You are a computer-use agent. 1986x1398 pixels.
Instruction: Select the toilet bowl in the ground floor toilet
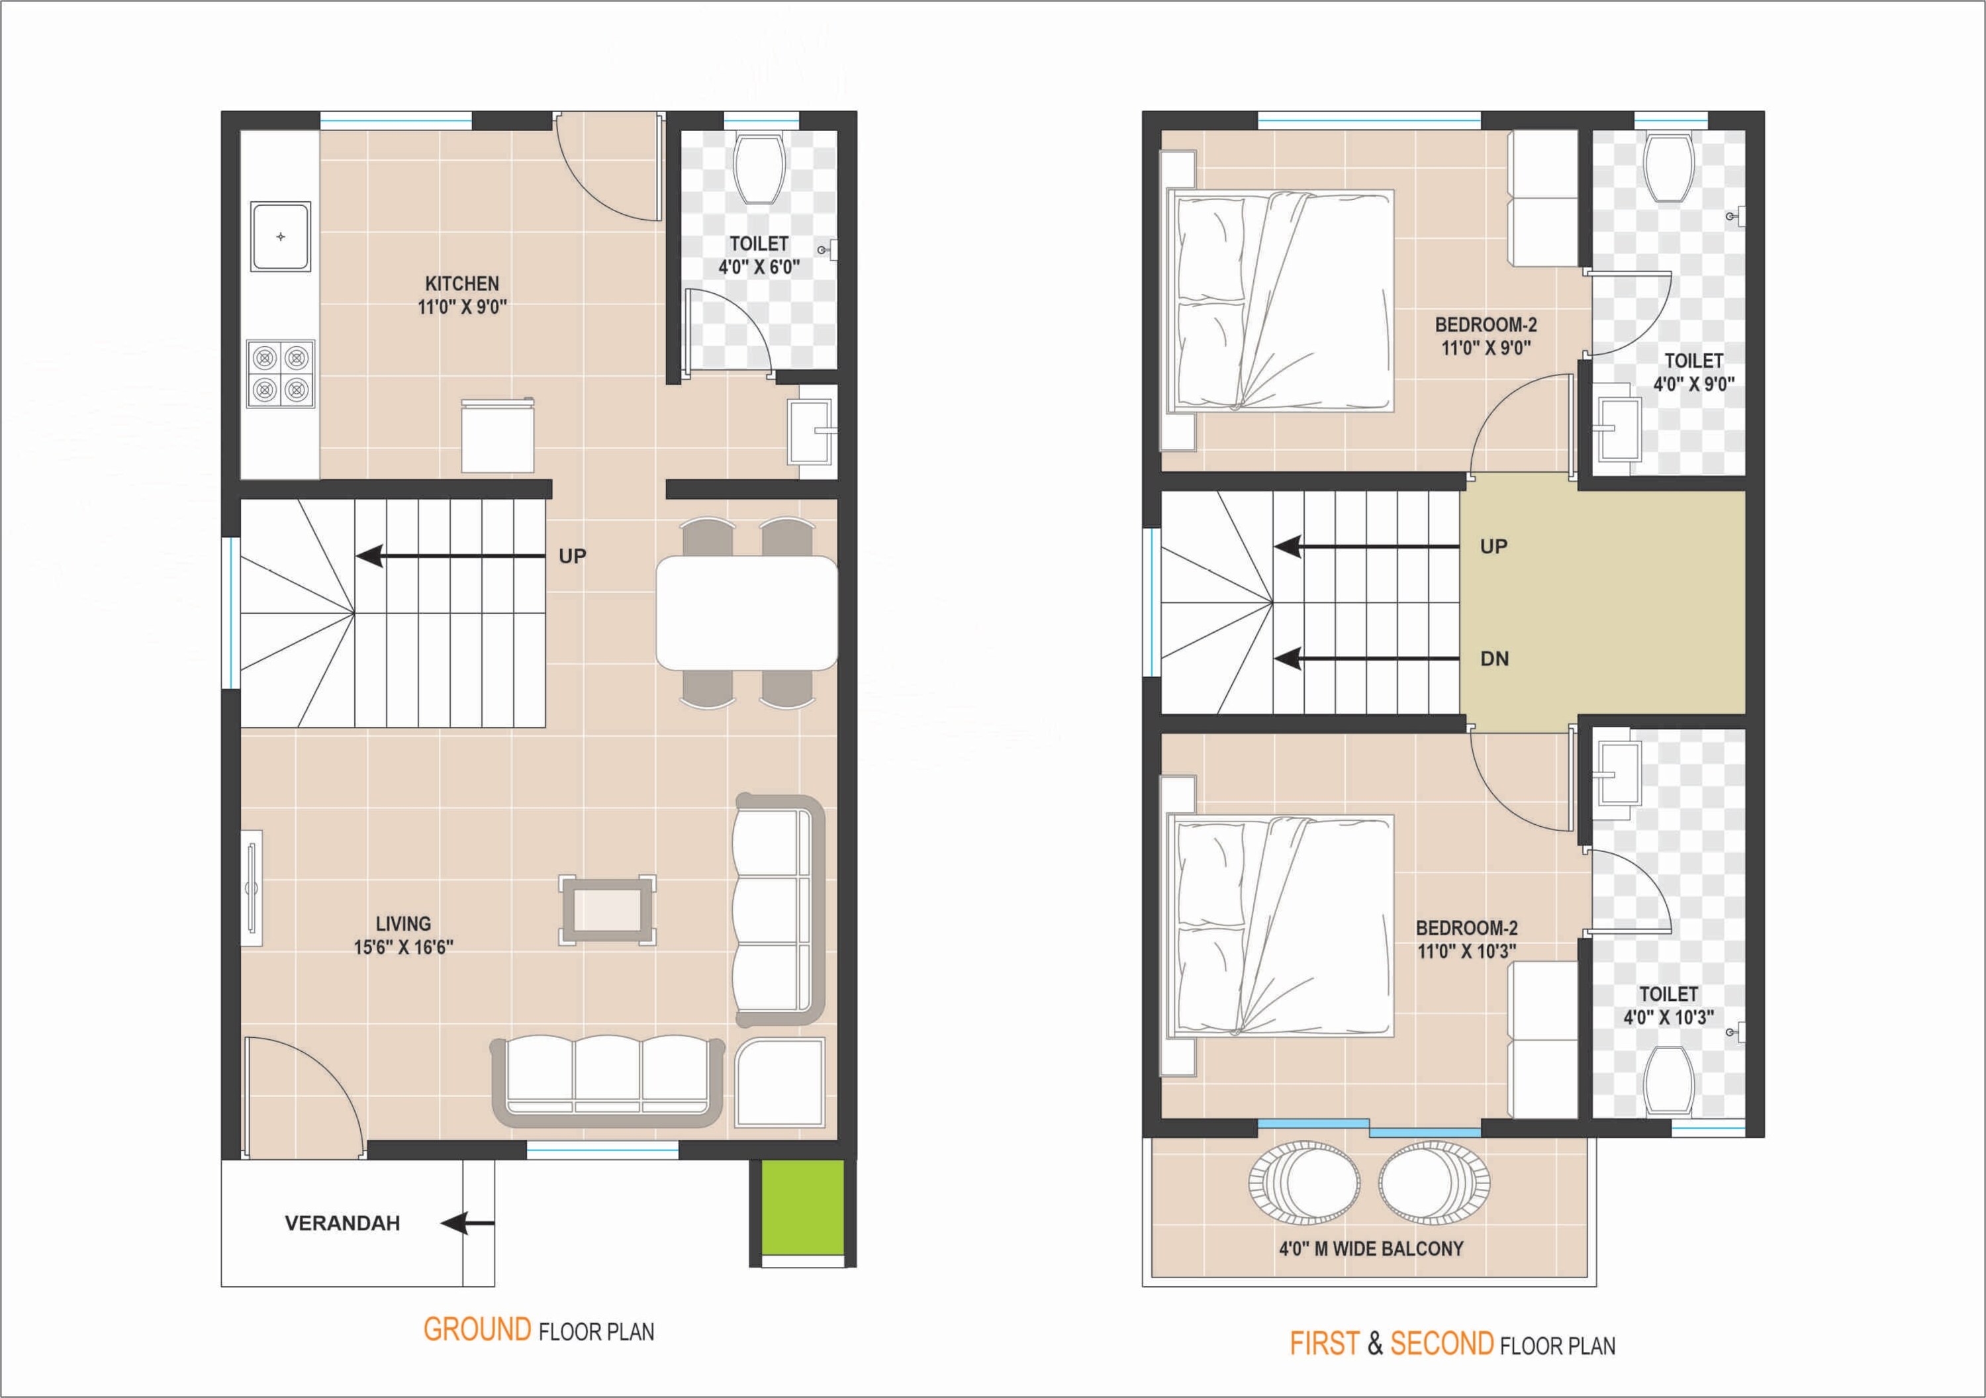759,167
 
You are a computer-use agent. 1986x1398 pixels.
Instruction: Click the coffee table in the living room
607,910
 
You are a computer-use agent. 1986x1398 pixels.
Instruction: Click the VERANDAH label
342,1223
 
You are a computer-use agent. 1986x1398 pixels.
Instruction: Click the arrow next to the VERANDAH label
467,1223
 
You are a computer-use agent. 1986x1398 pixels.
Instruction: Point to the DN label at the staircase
1495,659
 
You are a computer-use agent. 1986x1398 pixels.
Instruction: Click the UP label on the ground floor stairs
573,556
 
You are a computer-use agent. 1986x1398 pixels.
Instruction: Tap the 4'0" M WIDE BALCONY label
1372,1248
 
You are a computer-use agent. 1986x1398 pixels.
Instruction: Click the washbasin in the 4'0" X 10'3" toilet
1617,772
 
